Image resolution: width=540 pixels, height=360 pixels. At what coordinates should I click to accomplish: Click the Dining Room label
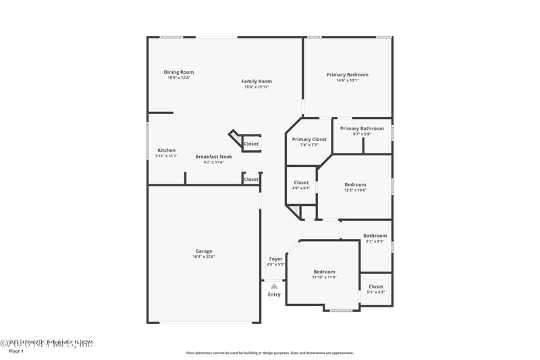[x=179, y=72]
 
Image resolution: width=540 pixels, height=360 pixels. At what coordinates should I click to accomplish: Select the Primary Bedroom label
[x=348, y=74]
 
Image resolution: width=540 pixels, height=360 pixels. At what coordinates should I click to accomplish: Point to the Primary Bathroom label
[x=362, y=128]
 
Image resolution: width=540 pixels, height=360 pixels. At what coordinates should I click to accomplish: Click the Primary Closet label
[x=309, y=139]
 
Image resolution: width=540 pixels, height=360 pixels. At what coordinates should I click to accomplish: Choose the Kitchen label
[x=167, y=150]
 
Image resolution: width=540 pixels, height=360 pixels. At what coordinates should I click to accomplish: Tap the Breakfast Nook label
[x=214, y=157]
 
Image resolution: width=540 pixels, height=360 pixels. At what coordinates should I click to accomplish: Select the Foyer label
[x=276, y=259]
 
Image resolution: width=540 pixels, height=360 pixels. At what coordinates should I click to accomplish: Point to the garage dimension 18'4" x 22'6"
[x=204, y=257]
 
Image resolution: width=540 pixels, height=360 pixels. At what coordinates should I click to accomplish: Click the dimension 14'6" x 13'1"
[x=348, y=80]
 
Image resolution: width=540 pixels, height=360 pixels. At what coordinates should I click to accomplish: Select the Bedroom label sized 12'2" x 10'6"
[x=355, y=184]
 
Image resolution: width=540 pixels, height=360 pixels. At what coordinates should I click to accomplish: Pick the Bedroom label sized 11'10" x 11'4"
[x=324, y=272]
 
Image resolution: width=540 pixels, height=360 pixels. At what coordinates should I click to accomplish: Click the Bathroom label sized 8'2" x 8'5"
[x=376, y=236]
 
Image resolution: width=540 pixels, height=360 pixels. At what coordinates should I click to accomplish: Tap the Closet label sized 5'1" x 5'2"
[x=376, y=286]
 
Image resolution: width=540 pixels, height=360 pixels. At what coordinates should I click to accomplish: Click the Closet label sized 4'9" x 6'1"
[x=301, y=182]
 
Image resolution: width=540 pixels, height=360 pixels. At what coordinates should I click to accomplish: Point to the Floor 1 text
[x=16, y=351]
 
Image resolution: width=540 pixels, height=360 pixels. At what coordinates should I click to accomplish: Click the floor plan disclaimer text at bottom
[x=269, y=353]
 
